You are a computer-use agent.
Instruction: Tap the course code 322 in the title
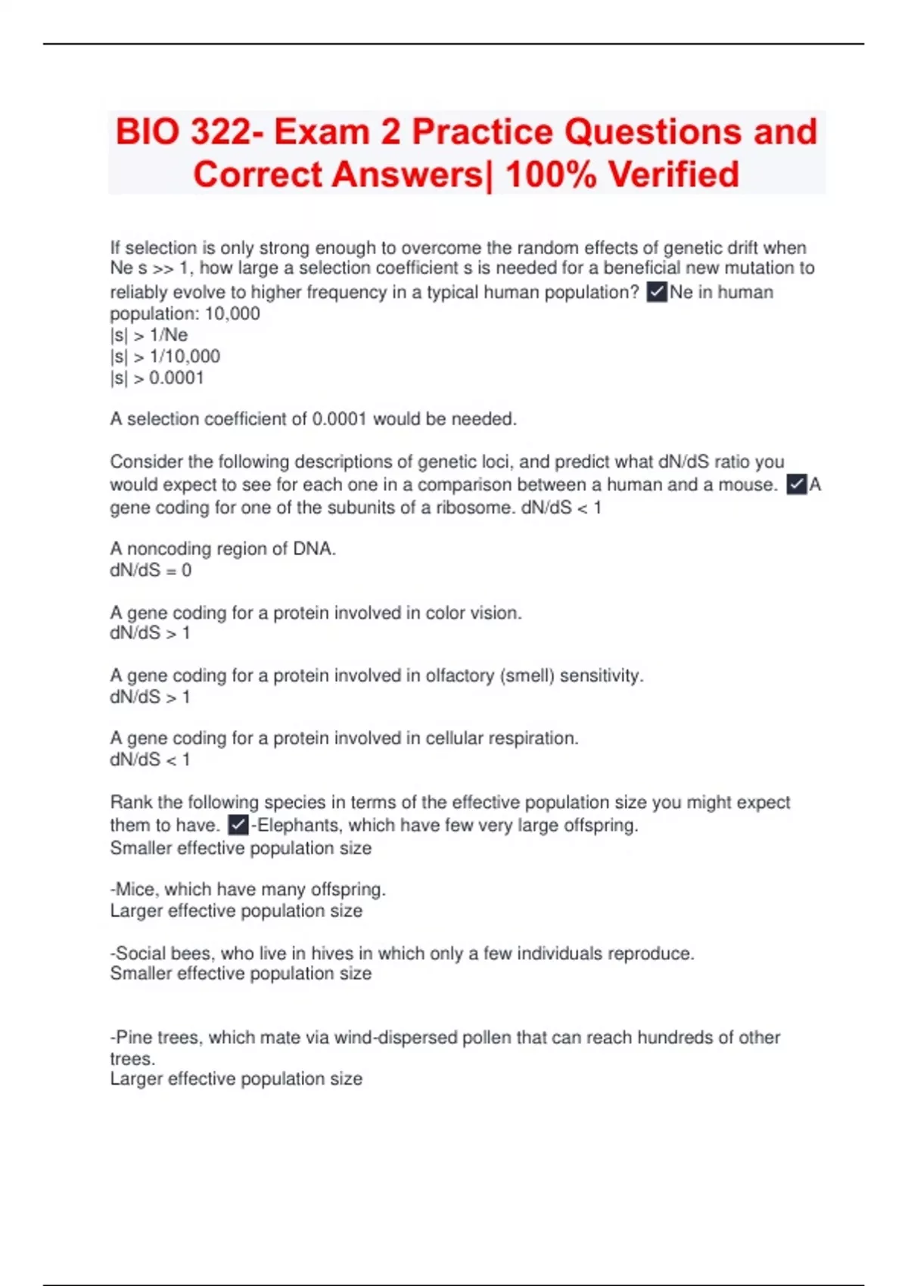[221, 132]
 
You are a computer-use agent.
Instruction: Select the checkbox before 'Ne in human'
[657, 292]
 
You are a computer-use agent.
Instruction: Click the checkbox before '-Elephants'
[238, 825]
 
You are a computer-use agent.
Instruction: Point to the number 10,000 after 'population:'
[232, 314]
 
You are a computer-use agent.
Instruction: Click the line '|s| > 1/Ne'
[149, 335]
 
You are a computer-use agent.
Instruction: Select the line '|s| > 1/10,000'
[165, 356]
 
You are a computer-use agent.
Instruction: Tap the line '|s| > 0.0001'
[157, 377]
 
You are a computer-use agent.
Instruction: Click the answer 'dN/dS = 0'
[151, 570]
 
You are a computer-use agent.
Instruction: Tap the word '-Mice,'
[135, 890]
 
